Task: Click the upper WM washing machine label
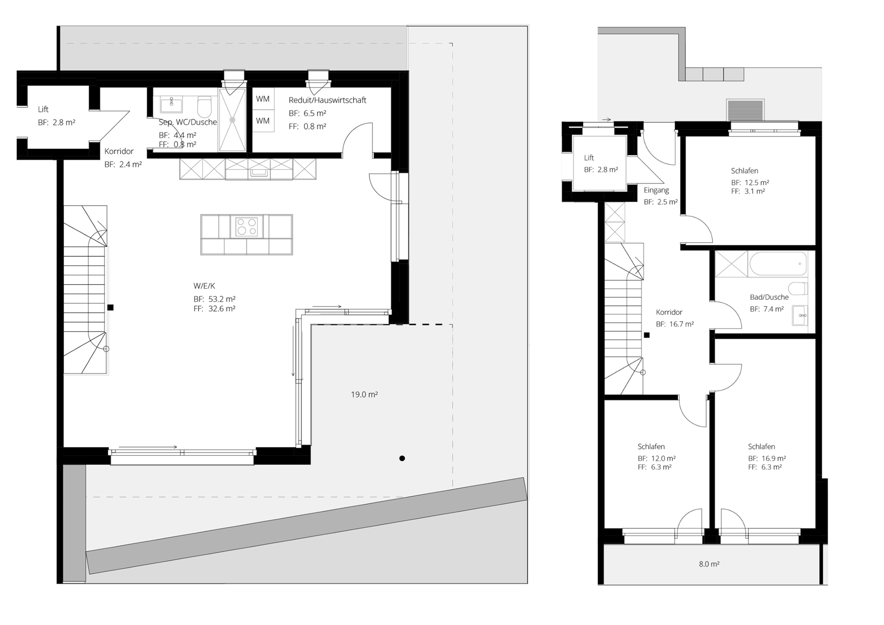point(263,99)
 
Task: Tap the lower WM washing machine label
point(263,121)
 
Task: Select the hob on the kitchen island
point(246,227)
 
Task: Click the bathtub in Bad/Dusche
point(778,264)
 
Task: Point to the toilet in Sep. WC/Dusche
point(204,107)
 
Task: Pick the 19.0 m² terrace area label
point(364,395)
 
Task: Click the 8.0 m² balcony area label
point(709,564)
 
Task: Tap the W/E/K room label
point(204,286)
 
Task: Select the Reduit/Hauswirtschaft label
point(328,100)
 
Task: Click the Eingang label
point(656,191)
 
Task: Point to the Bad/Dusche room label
point(769,297)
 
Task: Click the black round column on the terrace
point(402,458)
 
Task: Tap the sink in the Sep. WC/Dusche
point(171,105)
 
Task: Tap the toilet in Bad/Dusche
point(798,289)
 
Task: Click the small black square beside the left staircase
point(110,307)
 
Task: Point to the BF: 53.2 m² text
point(214,299)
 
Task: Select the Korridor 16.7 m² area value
point(682,325)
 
